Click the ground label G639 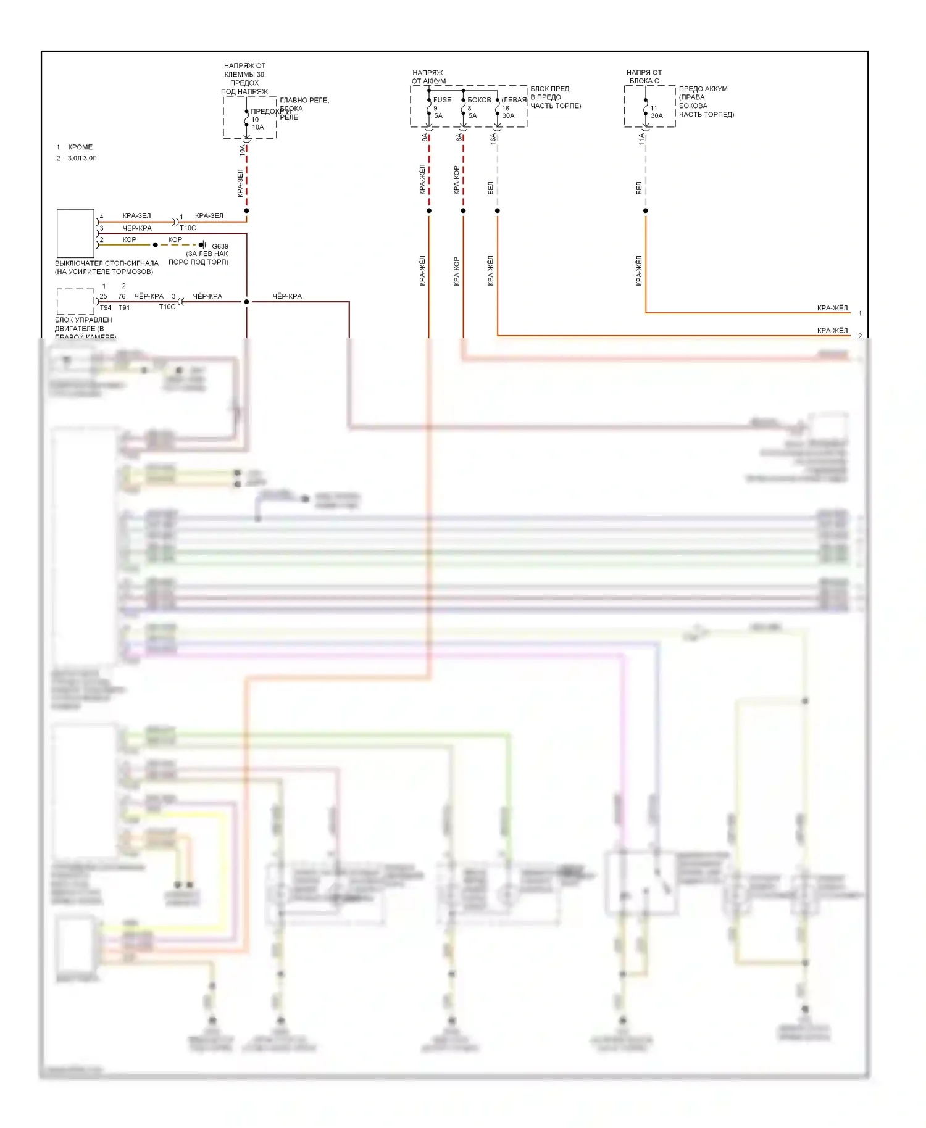point(220,246)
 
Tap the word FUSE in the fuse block point(442,100)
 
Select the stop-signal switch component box point(75,233)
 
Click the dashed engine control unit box point(75,302)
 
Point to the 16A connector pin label point(493,138)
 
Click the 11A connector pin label point(641,138)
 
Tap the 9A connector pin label point(425,138)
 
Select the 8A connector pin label point(459,138)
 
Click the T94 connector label point(106,307)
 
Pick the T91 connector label point(124,307)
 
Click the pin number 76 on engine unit point(122,296)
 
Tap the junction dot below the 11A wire point(646,211)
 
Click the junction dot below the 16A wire point(497,211)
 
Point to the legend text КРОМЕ point(80,147)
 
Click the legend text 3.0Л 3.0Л point(82,159)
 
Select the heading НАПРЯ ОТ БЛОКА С point(644,77)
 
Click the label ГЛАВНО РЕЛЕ point(304,100)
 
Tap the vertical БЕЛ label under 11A point(639,188)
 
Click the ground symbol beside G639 point(203,245)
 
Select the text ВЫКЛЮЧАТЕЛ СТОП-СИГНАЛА point(106,263)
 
